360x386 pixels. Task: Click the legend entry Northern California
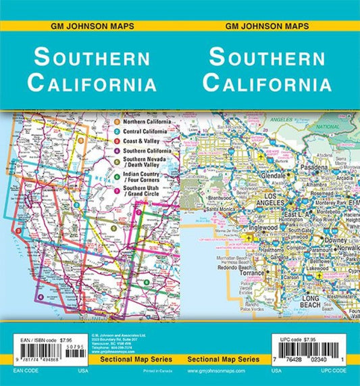147,121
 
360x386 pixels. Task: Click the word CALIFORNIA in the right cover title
268,84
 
